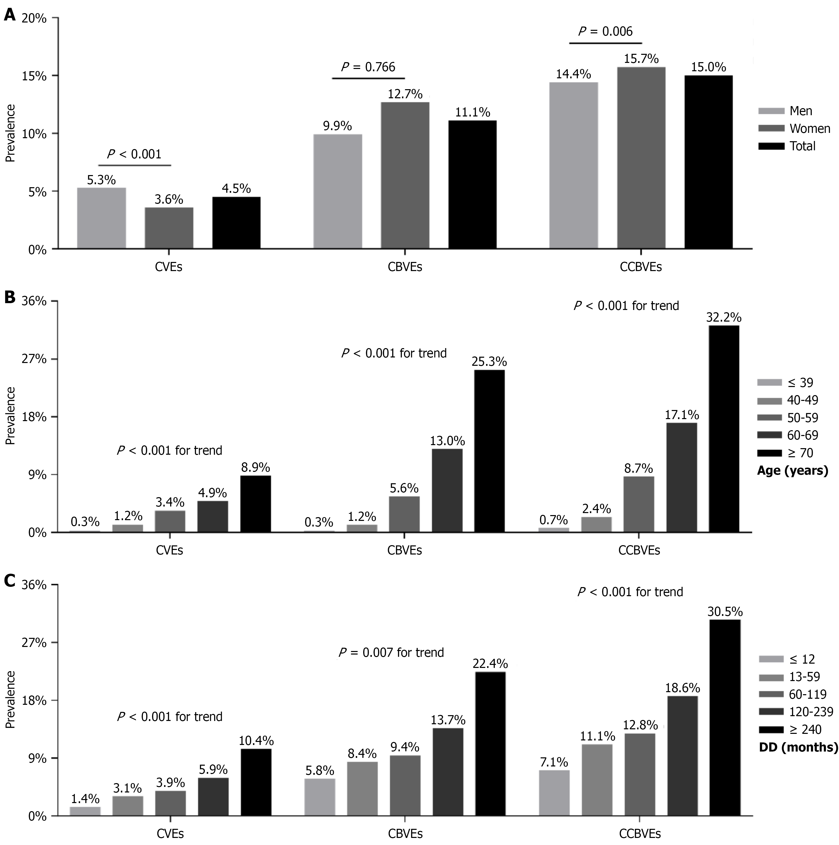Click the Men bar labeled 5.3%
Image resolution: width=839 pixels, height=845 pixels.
(102, 218)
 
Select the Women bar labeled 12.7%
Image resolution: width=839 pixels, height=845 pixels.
(405, 175)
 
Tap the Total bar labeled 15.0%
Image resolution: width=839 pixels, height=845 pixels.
(708, 162)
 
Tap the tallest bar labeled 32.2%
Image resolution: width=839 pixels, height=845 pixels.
(724, 429)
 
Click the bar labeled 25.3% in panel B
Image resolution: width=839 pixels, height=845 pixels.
(489, 451)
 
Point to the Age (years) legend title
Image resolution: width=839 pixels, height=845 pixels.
(792, 471)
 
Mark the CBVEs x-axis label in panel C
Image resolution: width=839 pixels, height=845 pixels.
(405, 834)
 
